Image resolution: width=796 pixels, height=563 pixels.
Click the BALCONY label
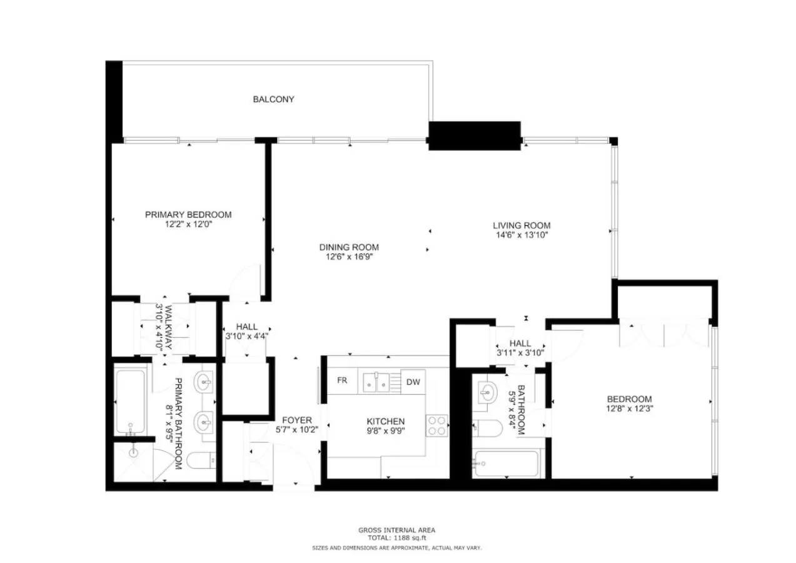tap(273, 99)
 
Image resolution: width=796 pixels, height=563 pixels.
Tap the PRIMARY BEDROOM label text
tap(188, 215)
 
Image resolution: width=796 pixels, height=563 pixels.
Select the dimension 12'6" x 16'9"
tap(349, 256)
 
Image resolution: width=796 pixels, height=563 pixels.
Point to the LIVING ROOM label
tap(521, 225)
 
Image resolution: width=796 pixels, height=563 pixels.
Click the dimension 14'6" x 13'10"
tap(521, 235)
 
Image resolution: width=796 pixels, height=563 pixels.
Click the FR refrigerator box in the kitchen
tap(342, 381)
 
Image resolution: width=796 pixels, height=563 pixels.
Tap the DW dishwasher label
tap(413, 382)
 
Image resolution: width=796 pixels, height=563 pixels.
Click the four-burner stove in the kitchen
tap(437, 425)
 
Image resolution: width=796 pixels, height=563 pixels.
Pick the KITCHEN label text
tap(386, 422)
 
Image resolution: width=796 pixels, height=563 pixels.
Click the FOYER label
tap(296, 420)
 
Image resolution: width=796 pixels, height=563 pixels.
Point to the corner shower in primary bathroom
tap(134, 462)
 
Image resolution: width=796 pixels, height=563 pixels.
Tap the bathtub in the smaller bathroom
tap(505, 464)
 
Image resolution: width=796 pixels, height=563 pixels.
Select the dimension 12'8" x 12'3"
tap(629, 409)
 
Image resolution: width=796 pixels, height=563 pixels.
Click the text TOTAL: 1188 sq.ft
tap(397, 537)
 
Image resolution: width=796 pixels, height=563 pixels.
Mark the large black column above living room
tap(475, 135)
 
